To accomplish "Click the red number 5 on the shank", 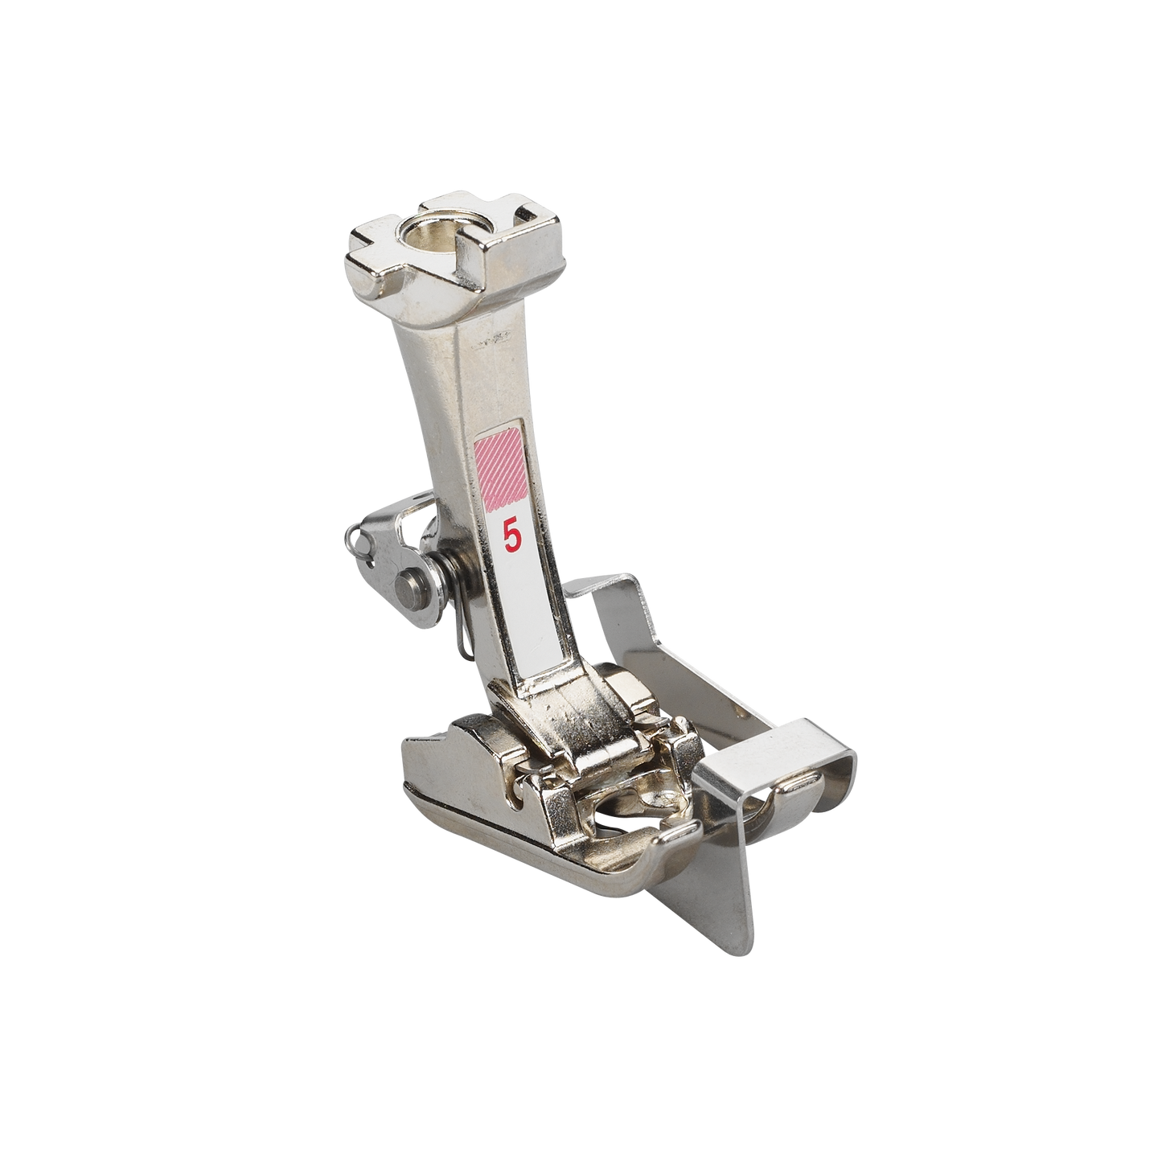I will point(511,533).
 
